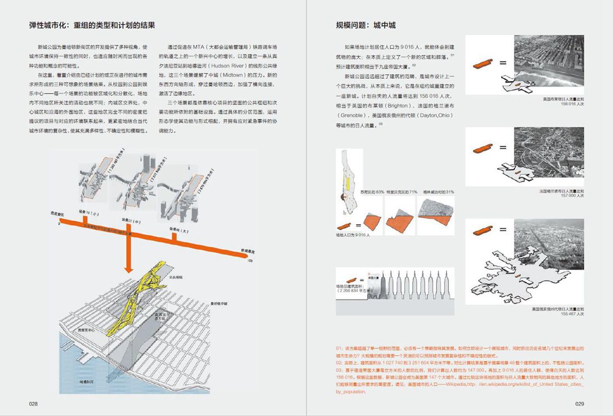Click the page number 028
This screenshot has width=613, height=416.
33,404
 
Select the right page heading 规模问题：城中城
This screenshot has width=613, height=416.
365,26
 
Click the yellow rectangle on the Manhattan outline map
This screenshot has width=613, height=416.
349,185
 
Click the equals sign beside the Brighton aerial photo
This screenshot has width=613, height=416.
503,63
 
